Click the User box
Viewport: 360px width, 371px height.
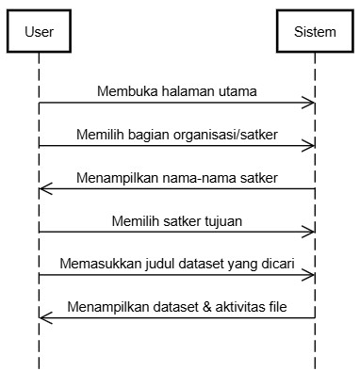pyautogui.click(x=39, y=31)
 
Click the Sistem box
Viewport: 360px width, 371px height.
pyautogui.click(x=315, y=31)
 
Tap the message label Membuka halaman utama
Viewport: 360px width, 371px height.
pyautogui.click(x=177, y=91)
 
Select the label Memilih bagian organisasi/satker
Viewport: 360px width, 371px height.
pyautogui.click(x=177, y=135)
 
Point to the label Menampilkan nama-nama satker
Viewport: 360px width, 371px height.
pyautogui.click(x=177, y=178)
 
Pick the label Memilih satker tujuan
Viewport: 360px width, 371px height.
pyautogui.click(x=177, y=221)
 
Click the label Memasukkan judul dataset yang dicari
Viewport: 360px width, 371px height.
pyautogui.click(x=177, y=264)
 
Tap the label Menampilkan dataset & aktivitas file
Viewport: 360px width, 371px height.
pyautogui.click(x=177, y=307)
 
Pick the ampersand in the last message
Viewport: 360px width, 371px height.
pyautogui.click(x=207, y=307)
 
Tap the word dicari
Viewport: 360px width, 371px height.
pyautogui.click(x=278, y=264)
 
